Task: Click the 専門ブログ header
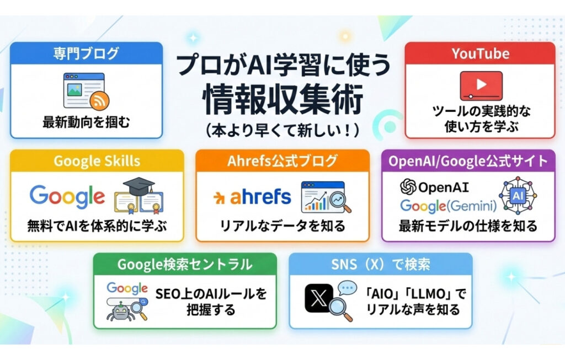tap(86, 54)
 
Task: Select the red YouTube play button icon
tap(481, 85)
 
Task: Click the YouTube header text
tap(480, 53)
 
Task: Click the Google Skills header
tap(97, 161)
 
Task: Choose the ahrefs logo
tap(252, 197)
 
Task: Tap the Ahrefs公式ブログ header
tap(282, 161)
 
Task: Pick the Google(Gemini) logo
tap(448, 206)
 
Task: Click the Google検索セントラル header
tap(184, 264)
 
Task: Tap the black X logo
tap(319, 298)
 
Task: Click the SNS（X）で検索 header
tap(381, 264)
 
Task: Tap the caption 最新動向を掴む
tap(87, 122)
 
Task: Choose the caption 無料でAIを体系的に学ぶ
tap(97, 225)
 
